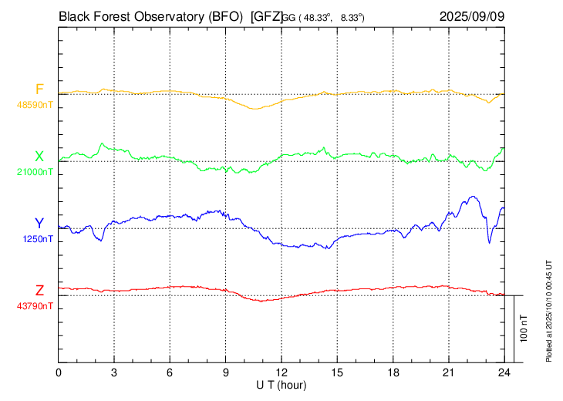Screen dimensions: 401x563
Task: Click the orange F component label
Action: click(x=39, y=89)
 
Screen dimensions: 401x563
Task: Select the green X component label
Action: click(x=39, y=156)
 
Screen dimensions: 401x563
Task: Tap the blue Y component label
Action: click(x=39, y=223)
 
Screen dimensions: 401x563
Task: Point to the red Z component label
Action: click(x=39, y=290)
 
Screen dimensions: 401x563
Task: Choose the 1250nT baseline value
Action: click(x=39, y=239)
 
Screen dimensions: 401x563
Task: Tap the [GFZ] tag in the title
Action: click(x=266, y=15)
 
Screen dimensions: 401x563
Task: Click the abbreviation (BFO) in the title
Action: click(x=224, y=15)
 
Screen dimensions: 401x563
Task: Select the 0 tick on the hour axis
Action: click(x=59, y=372)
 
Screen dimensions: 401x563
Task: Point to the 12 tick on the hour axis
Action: click(x=281, y=372)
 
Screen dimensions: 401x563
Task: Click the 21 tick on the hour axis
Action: click(x=449, y=372)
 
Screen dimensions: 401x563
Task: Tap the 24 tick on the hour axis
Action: click(x=504, y=372)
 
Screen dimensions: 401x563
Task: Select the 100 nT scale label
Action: click(x=524, y=329)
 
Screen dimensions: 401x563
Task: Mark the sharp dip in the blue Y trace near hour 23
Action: click(x=489, y=242)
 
